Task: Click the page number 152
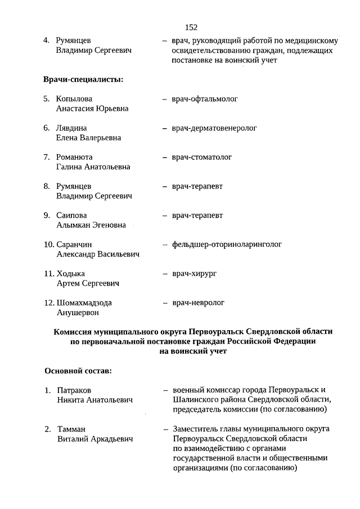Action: tap(191, 27)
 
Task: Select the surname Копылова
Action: tap(74, 99)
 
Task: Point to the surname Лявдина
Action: tap(71, 128)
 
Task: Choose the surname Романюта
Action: tap(74, 157)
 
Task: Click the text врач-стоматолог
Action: tap(202, 157)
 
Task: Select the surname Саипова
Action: tap(71, 215)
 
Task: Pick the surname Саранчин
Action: tap(74, 245)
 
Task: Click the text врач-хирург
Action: tap(195, 273)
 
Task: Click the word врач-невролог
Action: tap(199, 303)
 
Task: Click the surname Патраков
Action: tap(74, 390)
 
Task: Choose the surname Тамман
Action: tap(71, 429)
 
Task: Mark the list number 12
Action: tap(48, 303)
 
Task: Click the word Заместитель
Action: tap(196, 429)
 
